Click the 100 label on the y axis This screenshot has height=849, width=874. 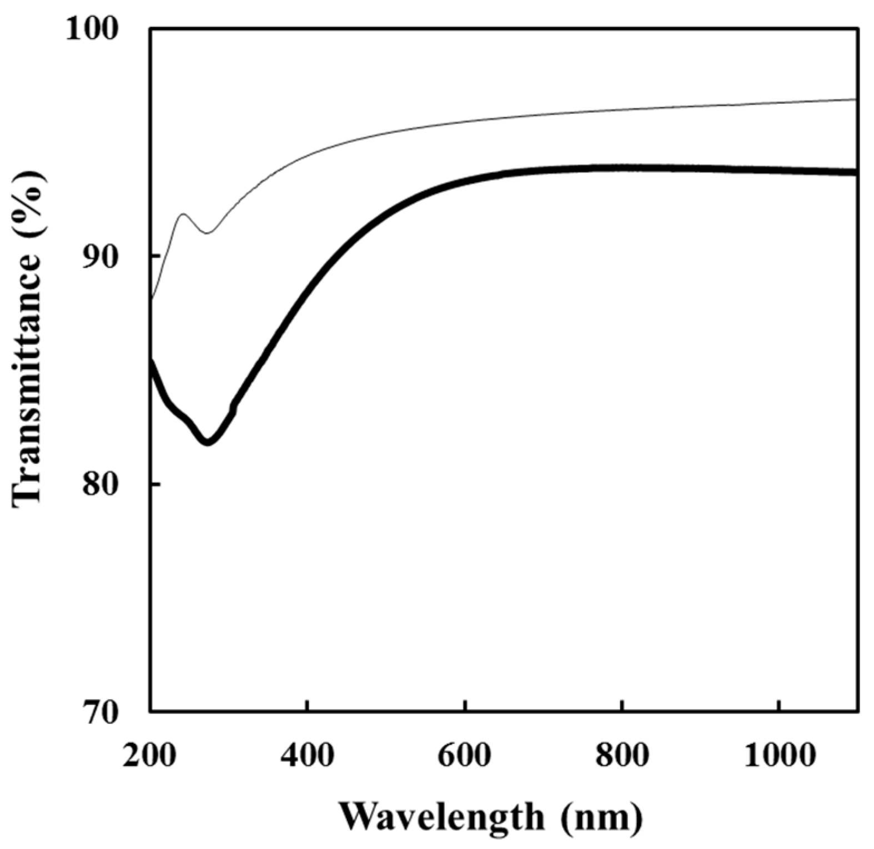93,28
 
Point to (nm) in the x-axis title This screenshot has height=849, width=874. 601,816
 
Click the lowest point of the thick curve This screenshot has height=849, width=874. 208,442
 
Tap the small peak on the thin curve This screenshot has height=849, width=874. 183,214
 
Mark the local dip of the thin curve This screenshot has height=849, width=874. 207,233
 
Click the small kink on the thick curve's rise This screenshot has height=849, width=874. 233,407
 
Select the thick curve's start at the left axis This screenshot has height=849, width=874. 152,361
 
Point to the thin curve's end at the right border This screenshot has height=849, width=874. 856,99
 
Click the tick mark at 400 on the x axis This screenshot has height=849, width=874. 307,706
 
